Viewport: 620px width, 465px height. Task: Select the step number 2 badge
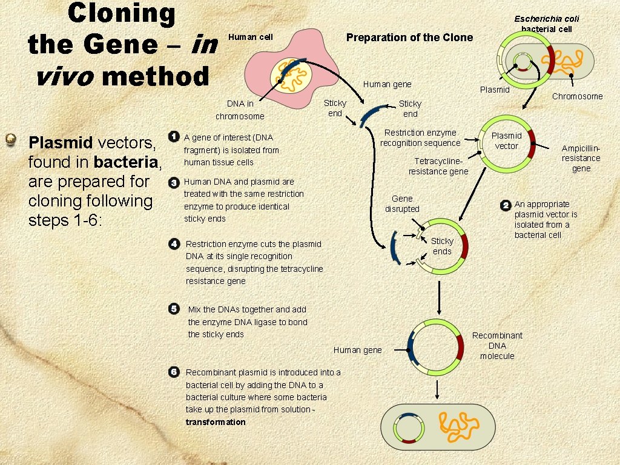pyautogui.click(x=506, y=206)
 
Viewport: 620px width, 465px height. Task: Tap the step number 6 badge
pyautogui.click(x=174, y=371)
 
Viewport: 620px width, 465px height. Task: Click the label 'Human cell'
pyautogui.click(x=250, y=38)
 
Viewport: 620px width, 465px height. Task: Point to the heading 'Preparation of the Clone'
pyautogui.click(x=409, y=38)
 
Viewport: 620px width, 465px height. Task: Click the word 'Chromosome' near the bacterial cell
pyautogui.click(x=577, y=96)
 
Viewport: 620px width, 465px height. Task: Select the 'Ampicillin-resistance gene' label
pyautogui.click(x=581, y=159)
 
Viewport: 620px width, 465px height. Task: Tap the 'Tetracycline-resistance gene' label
pyautogui.click(x=438, y=167)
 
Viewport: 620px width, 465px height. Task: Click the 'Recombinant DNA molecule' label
pyautogui.click(x=497, y=346)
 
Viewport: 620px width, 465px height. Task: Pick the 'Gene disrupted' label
pyautogui.click(x=402, y=203)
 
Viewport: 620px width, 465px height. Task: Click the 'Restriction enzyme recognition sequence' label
pyautogui.click(x=420, y=138)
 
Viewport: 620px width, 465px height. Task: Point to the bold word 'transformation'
pyautogui.click(x=216, y=422)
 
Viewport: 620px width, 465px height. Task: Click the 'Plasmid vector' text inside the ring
pyautogui.click(x=506, y=140)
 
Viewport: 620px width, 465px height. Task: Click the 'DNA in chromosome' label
pyautogui.click(x=240, y=110)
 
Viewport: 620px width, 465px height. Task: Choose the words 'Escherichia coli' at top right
pyautogui.click(x=547, y=19)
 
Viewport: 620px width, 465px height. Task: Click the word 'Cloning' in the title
pyautogui.click(x=121, y=13)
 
